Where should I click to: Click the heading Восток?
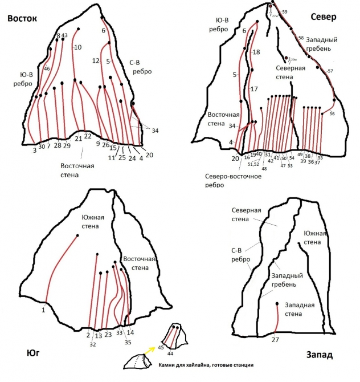pos(22,19)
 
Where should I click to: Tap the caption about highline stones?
pos(204,365)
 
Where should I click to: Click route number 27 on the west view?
pos(275,339)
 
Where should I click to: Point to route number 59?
pos(285,12)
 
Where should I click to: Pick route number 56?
pos(332,114)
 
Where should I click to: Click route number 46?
pos(47,69)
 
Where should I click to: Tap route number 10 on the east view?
pos(78,47)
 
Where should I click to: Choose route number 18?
pos(256,52)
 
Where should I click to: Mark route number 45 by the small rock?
pos(161,347)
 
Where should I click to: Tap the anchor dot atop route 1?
pos(77,235)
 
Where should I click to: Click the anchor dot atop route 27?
pos(277,304)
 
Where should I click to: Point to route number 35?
pos(128,342)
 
